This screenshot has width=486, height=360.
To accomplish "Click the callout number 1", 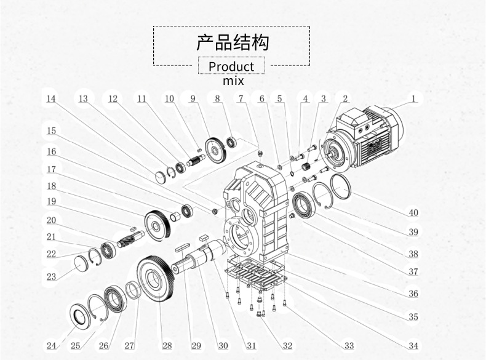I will (415, 98).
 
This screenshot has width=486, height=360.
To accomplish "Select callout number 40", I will (413, 213).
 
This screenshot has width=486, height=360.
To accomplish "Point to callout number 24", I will (51, 345).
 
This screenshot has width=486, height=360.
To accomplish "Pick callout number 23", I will (51, 277).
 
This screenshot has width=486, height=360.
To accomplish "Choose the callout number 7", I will (241, 98).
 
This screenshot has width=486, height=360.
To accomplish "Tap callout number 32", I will (287, 345).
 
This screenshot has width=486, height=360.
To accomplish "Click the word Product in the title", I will (231, 66).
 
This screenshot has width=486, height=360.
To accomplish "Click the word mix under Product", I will (233, 81).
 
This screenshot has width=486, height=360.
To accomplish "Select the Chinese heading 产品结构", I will (232, 43).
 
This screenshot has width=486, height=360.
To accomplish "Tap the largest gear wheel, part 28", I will (159, 277).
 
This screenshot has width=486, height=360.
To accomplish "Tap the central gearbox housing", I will (258, 209).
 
